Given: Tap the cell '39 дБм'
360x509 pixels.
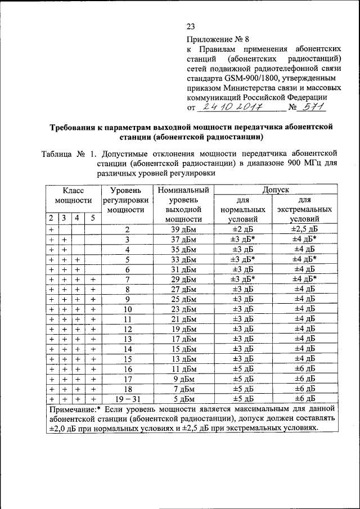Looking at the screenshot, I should click(x=184, y=229).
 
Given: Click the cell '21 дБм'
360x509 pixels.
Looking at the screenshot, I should click(x=184, y=319).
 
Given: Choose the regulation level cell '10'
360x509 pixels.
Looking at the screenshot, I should click(x=128, y=309).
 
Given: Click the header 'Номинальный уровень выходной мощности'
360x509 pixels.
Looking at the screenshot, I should click(x=184, y=205).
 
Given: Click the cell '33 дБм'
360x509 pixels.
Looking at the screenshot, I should click(x=184, y=259).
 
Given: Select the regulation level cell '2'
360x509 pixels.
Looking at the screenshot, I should click(x=128, y=229).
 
